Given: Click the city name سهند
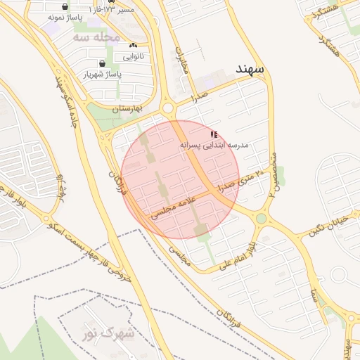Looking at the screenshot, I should point(250,70).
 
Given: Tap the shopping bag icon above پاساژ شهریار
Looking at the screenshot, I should point(103,63).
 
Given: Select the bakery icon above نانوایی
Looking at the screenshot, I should point(133,45).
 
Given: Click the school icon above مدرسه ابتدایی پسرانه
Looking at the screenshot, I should point(214,134).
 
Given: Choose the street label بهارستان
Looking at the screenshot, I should point(127,108).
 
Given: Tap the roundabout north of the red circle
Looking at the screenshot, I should point(168,108).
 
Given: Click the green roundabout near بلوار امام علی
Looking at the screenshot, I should point(262,219).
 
